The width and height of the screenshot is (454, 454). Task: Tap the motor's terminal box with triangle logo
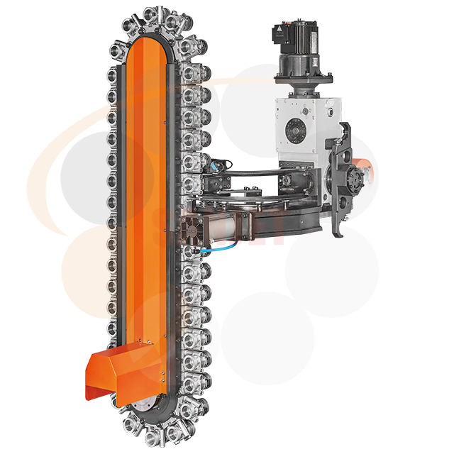(282, 31)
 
